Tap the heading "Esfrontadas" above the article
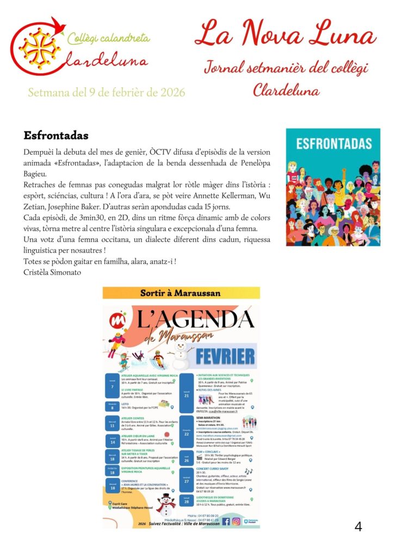tap(56, 135)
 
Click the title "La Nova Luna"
tap(285, 34)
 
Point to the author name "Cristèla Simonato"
tap(52, 272)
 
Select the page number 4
tap(358, 526)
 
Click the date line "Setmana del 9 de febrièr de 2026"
tap(107, 92)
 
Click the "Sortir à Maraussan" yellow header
tap(181, 293)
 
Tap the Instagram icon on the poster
tap(236, 521)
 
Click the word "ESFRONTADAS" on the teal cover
tap(333, 144)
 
